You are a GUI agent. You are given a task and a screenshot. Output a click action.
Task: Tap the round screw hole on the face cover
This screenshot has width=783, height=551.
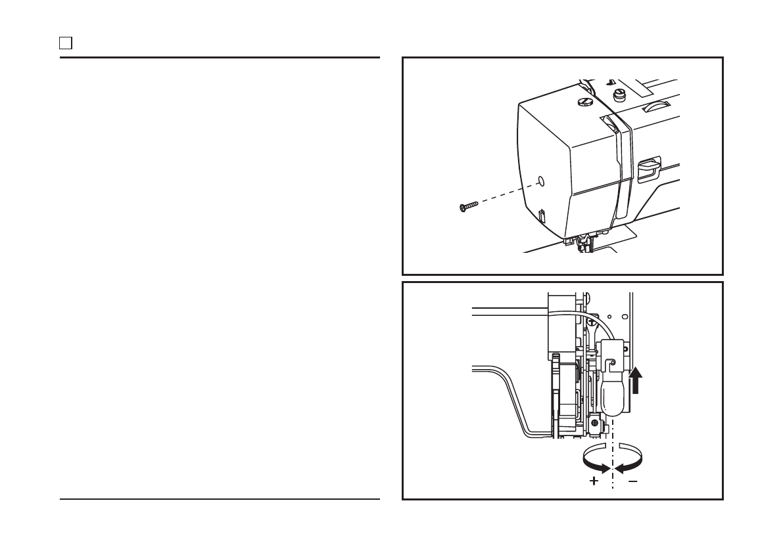click(x=540, y=180)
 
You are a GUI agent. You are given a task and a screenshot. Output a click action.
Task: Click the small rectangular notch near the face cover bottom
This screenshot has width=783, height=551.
click(x=542, y=216)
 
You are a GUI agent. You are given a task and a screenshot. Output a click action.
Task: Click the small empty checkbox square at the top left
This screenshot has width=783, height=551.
click(x=66, y=44)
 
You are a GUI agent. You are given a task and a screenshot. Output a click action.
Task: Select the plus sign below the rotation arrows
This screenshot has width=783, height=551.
click(x=594, y=481)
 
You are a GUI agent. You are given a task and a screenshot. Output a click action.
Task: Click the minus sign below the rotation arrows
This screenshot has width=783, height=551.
click(x=632, y=481)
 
